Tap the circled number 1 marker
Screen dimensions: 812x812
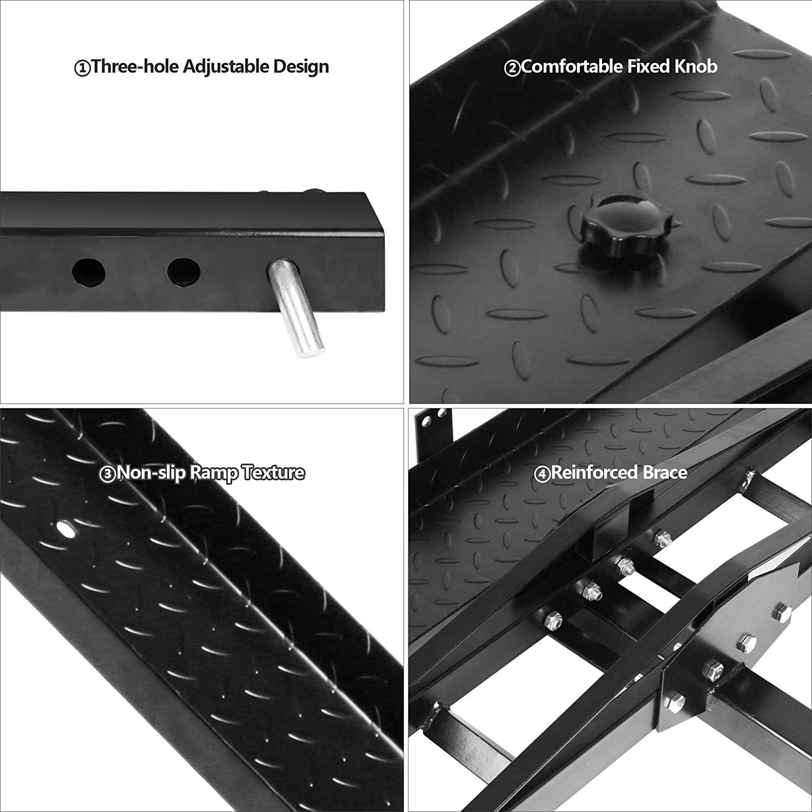(81, 69)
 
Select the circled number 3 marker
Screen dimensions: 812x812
(107, 475)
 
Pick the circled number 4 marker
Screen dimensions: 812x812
(542, 475)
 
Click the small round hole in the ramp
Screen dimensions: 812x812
(67, 529)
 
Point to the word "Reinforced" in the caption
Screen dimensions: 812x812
(594, 473)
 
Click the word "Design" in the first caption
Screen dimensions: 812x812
(301, 67)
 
